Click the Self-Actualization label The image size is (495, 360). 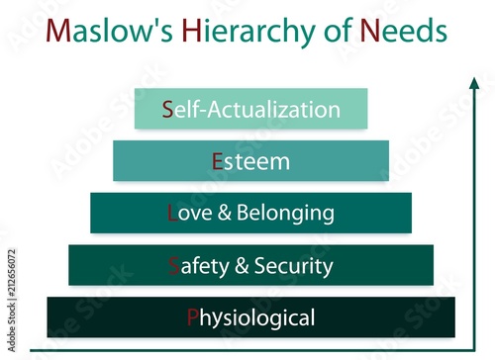(251, 109)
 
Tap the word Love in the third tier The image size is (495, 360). (189, 213)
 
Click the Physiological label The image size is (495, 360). (250, 318)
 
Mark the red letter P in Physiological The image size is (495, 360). (192, 318)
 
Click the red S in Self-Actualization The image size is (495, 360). (168, 109)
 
